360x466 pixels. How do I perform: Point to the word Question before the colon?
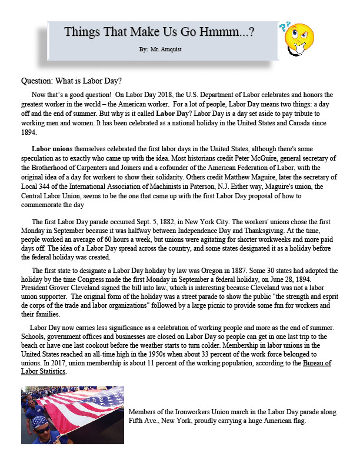click(38, 81)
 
